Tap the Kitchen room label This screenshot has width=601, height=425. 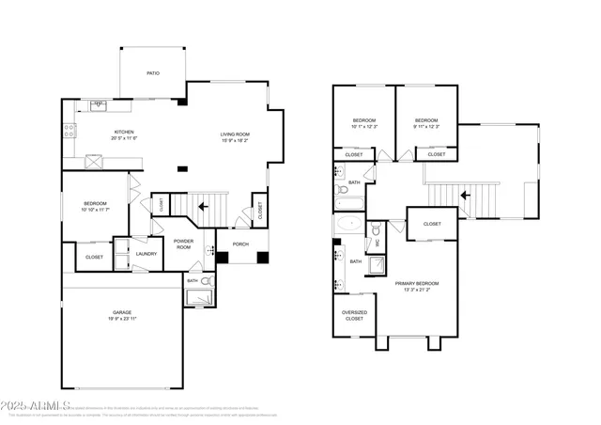pyautogui.click(x=125, y=132)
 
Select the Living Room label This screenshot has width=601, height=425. pyautogui.click(x=235, y=133)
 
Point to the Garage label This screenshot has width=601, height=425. pyautogui.click(x=121, y=312)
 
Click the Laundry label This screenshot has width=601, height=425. pyautogui.click(x=146, y=253)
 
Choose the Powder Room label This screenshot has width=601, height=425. pyautogui.click(x=183, y=244)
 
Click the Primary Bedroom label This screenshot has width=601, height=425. pyautogui.click(x=417, y=283)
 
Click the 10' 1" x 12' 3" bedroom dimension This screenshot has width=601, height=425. pyautogui.click(x=363, y=127)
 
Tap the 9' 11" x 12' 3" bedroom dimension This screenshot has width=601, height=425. pyautogui.click(x=426, y=127)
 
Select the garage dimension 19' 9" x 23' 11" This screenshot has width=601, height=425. pyautogui.click(x=121, y=319)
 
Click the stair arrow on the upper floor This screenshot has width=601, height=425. pyautogui.click(x=464, y=196)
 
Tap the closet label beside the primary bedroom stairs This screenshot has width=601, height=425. pyautogui.click(x=432, y=224)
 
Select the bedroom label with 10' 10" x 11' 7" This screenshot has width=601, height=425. pyautogui.click(x=95, y=204)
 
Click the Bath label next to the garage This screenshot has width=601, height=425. pyautogui.click(x=192, y=280)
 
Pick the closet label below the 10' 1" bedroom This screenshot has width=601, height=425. pyautogui.click(x=354, y=154)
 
